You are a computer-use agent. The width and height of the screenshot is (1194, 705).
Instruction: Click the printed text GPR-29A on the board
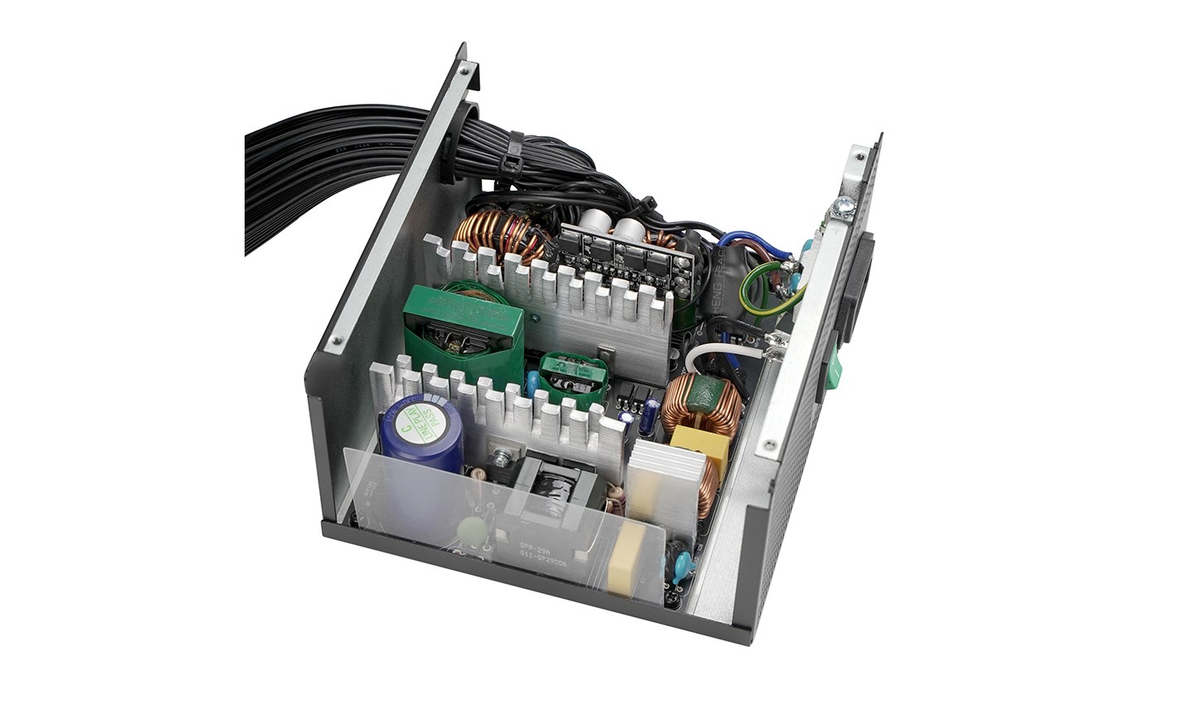coord(538,548)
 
